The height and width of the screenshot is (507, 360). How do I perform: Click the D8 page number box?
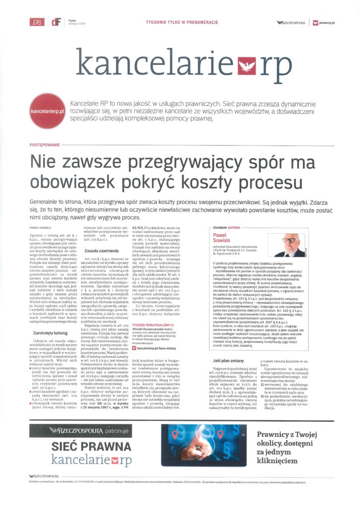36,22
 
